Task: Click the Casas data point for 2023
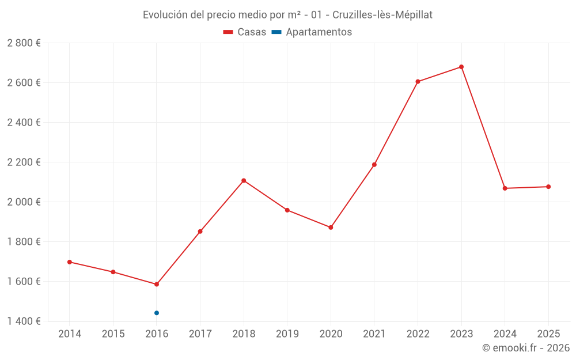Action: click(x=461, y=67)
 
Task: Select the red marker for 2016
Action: click(x=157, y=285)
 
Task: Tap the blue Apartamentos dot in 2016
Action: click(x=157, y=313)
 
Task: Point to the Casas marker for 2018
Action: click(x=244, y=181)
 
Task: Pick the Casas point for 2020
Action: click(x=331, y=228)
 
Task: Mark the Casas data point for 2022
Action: click(x=418, y=82)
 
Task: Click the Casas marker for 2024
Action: click(x=505, y=188)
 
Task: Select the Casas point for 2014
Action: click(x=70, y=262)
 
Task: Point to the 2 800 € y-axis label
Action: click(x=24, y=43)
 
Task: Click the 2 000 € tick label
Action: click(x=24, y=202)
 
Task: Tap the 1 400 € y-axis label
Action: click(x=24, y=321)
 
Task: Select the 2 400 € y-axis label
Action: click(x=24, y=123)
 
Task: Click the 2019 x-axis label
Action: click(x=287, y=334)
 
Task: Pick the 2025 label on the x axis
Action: click(x=548, y=334)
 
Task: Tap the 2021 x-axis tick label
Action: click(x=374, y=334)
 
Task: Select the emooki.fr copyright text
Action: click(x=526, y=348)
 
